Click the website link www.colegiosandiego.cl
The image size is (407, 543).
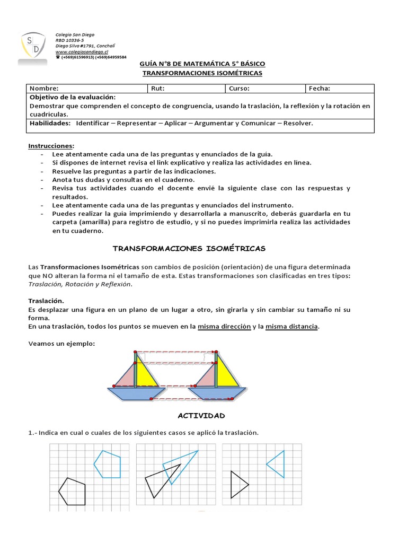82,52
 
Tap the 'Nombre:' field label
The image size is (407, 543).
44,89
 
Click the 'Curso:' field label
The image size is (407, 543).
240,89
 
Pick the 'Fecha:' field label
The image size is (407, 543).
320,89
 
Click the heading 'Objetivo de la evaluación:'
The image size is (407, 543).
72,98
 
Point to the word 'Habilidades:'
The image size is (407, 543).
50,123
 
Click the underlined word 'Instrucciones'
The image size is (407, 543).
50,145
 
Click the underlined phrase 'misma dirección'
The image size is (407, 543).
224,327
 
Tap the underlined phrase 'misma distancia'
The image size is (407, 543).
292,327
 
